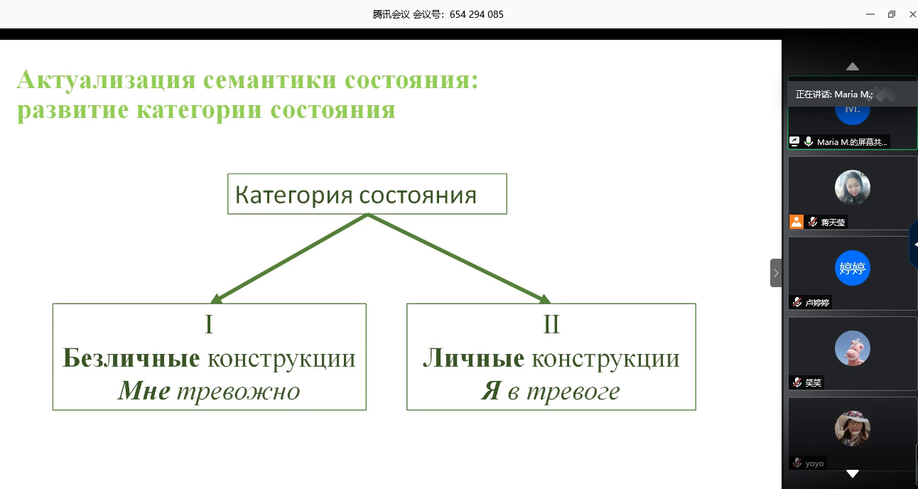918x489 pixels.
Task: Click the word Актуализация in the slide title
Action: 106,80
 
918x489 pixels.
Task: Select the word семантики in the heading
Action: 270,80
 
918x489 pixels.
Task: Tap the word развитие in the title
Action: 73,110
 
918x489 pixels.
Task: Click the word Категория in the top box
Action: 293,195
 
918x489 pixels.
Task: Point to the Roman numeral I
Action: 209,324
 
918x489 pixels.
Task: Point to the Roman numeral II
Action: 551,324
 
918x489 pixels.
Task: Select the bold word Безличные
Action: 131,358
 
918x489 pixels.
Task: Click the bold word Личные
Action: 473,358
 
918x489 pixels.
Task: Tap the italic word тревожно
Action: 239,392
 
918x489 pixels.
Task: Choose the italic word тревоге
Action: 573,392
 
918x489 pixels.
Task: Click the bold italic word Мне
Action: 144,390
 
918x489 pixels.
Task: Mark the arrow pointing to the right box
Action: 460,259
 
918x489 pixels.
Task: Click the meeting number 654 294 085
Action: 476,14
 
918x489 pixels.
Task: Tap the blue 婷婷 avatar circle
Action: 853,268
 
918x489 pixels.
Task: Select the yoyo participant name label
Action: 814,463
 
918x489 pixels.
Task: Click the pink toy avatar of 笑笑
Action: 853,348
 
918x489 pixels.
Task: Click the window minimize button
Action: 870,14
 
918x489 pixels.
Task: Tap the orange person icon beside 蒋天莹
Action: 796,222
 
